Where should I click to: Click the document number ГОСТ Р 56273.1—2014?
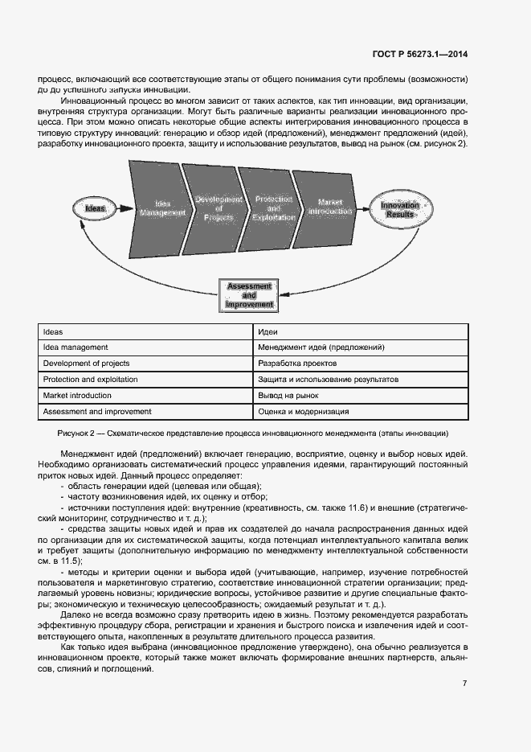[x=419, y=54]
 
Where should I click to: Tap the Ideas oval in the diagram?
[x=96, y=208]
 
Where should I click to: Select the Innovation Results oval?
[x=400, y=211]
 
